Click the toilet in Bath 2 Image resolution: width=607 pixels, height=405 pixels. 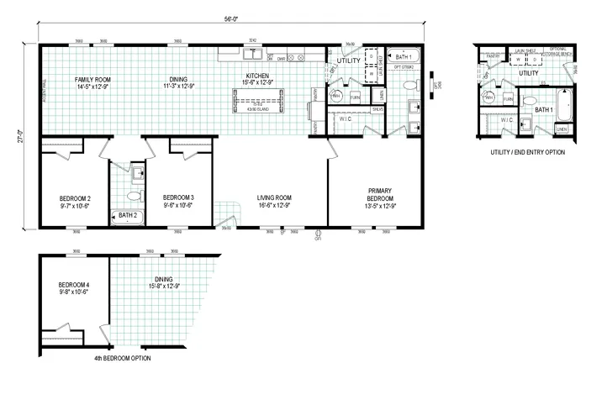click(132, 197)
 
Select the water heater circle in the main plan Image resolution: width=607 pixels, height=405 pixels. click(335, 96)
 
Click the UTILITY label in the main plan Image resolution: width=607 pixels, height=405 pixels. click(348, 61)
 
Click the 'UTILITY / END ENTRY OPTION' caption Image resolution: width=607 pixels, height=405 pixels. click(528, 152)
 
